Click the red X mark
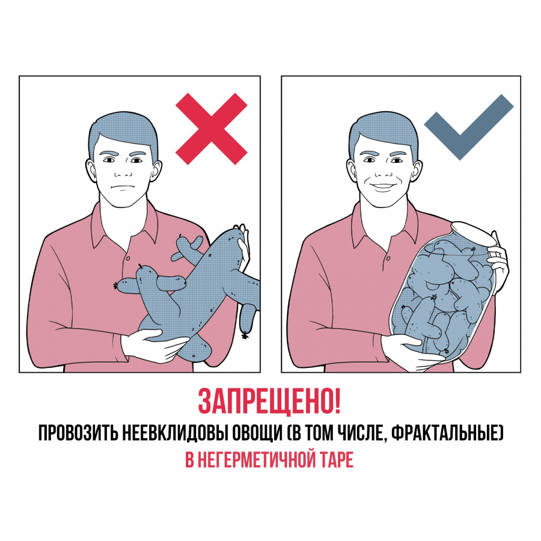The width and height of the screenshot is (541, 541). [x=212, y=129]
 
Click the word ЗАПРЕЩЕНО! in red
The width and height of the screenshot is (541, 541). [x=269, y=402]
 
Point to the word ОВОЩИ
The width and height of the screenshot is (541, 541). [x=257, y=433]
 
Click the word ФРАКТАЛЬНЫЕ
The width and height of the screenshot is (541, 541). [x=444, y=433]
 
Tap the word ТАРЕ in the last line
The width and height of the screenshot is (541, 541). [x=335, y=460]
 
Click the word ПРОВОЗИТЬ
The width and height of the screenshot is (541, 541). [x=78, y=433]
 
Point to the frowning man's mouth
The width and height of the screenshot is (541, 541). [x=120, y=188]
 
